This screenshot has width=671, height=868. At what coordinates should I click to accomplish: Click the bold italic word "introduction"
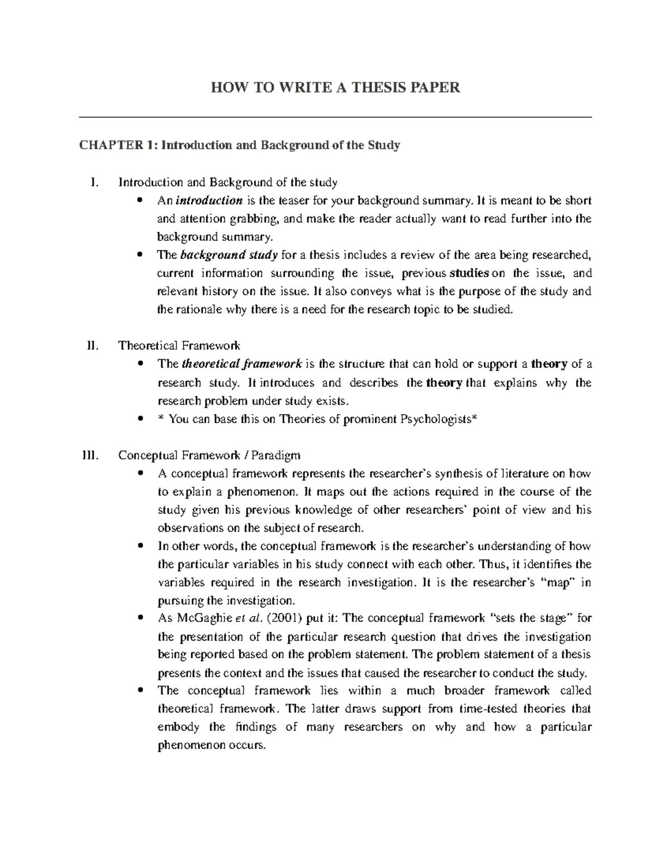click(x=210, y=201)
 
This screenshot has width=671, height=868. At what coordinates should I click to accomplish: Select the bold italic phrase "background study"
click(x=229, y=255)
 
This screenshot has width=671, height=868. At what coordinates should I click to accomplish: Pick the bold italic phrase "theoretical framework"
click(x=242, y=364)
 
